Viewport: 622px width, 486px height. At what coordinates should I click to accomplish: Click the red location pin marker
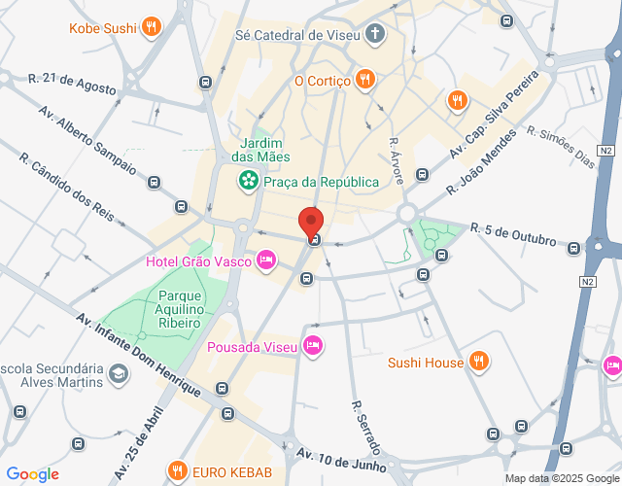click(x=310, y=223)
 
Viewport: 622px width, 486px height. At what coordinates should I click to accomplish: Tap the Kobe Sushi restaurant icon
click(x=151, y=27)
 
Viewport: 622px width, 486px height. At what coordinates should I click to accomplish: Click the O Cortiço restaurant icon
click(x=364, y=80)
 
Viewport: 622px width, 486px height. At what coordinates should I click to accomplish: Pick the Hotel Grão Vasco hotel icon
click(x=265, y=260)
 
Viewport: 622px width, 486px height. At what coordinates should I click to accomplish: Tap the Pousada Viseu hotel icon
click(x=312, y=345)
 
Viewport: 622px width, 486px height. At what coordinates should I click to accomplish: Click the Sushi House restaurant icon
click(x=477, y=363)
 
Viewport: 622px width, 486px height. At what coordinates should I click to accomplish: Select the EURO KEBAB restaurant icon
click(x=177, y=472)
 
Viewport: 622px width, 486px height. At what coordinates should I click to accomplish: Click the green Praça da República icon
click(x=249, y=181)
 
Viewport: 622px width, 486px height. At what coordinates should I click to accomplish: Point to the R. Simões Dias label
click(x=559, y=147)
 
